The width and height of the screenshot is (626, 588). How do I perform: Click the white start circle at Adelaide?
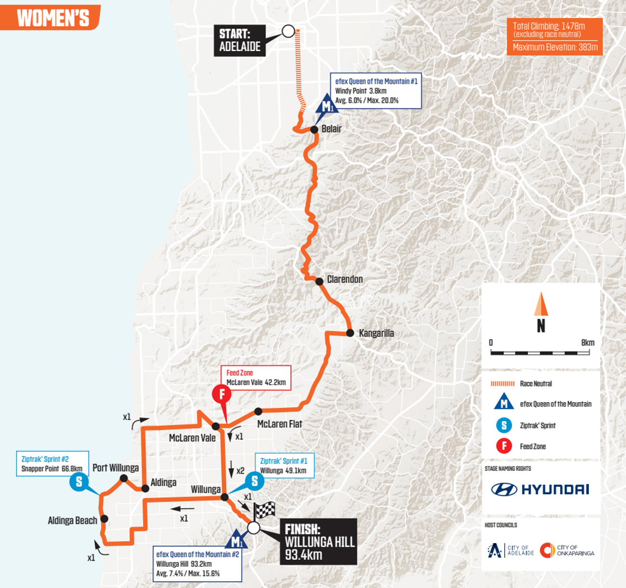(288, 31)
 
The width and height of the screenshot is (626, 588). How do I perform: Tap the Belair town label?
(331, 129)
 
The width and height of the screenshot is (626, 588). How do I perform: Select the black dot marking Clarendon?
(319, 281)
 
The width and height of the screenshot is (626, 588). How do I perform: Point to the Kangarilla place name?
(376, 333)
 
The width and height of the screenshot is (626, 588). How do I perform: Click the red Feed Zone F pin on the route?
(222, 394)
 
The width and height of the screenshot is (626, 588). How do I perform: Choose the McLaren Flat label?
(279, 424)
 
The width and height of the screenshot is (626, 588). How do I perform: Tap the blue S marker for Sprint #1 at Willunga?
(254, 481)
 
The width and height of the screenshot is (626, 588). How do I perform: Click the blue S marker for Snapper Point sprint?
(79, 481)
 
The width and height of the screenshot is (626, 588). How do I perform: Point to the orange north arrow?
(541, 304)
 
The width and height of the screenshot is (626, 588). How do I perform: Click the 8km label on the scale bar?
(587, 343)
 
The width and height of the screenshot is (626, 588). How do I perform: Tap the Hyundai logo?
(540, 490)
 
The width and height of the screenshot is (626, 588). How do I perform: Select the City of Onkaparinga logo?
(567, 550)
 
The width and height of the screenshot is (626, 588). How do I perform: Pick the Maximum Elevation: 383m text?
(555, 47)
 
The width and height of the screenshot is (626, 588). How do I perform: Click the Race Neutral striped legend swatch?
(502, 384)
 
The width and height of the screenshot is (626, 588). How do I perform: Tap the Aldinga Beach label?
(72, 521)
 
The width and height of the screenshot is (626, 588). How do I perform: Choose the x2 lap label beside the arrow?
(240, 471)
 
